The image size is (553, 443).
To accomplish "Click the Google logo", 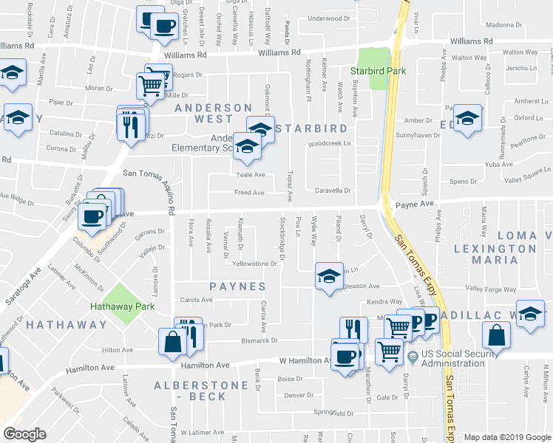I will (25, 434).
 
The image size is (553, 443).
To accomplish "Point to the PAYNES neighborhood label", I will (237, 286).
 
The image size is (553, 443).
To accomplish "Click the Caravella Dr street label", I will (331, 190).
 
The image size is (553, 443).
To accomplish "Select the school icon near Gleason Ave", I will (329, 276).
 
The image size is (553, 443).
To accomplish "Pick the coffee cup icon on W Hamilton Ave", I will (344, 357).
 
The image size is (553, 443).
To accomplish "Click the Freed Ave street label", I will (248, 193).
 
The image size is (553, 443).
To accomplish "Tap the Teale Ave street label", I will (250, 175).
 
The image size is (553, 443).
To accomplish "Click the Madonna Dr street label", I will (505, 24).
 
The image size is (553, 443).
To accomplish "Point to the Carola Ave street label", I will (197, 300).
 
